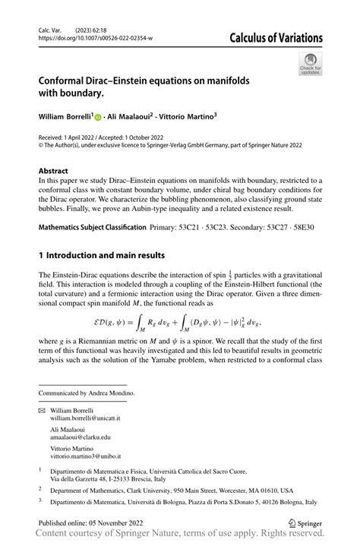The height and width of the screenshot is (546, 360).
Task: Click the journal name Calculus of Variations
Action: point(276,39)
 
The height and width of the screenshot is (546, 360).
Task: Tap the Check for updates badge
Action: point(310,66)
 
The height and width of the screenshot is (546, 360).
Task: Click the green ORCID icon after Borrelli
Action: point(98,117)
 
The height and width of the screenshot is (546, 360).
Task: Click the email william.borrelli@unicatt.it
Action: point(91,418)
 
